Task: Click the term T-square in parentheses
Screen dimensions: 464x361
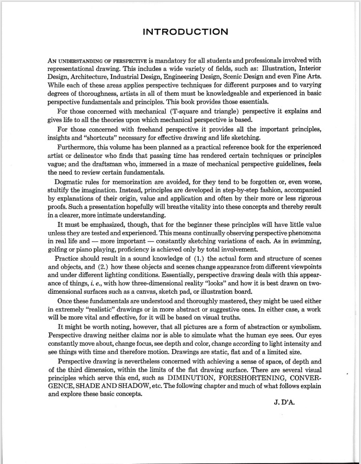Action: [179, 111]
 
